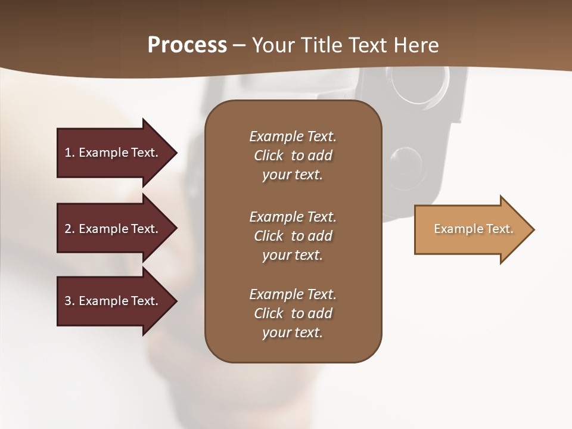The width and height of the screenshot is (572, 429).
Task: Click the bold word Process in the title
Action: [187, 45]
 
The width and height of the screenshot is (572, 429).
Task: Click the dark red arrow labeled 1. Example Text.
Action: [113, 153]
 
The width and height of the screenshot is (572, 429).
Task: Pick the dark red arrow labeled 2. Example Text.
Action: [113, 229]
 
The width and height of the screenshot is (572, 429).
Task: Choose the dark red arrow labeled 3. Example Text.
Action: [113, 301]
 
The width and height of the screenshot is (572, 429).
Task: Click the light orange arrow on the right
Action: [471, 229]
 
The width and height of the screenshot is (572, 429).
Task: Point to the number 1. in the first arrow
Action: [70, 153]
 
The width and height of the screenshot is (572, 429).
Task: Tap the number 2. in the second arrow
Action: [70, 229]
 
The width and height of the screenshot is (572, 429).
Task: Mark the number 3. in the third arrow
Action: [70, 301]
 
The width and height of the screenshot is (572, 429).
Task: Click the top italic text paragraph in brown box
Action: [293, 156]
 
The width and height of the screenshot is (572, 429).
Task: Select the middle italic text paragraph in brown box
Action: [293, 236]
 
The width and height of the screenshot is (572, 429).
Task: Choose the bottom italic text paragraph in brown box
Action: [293, 313]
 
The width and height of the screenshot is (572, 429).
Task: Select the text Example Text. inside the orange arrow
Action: [473, 229]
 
